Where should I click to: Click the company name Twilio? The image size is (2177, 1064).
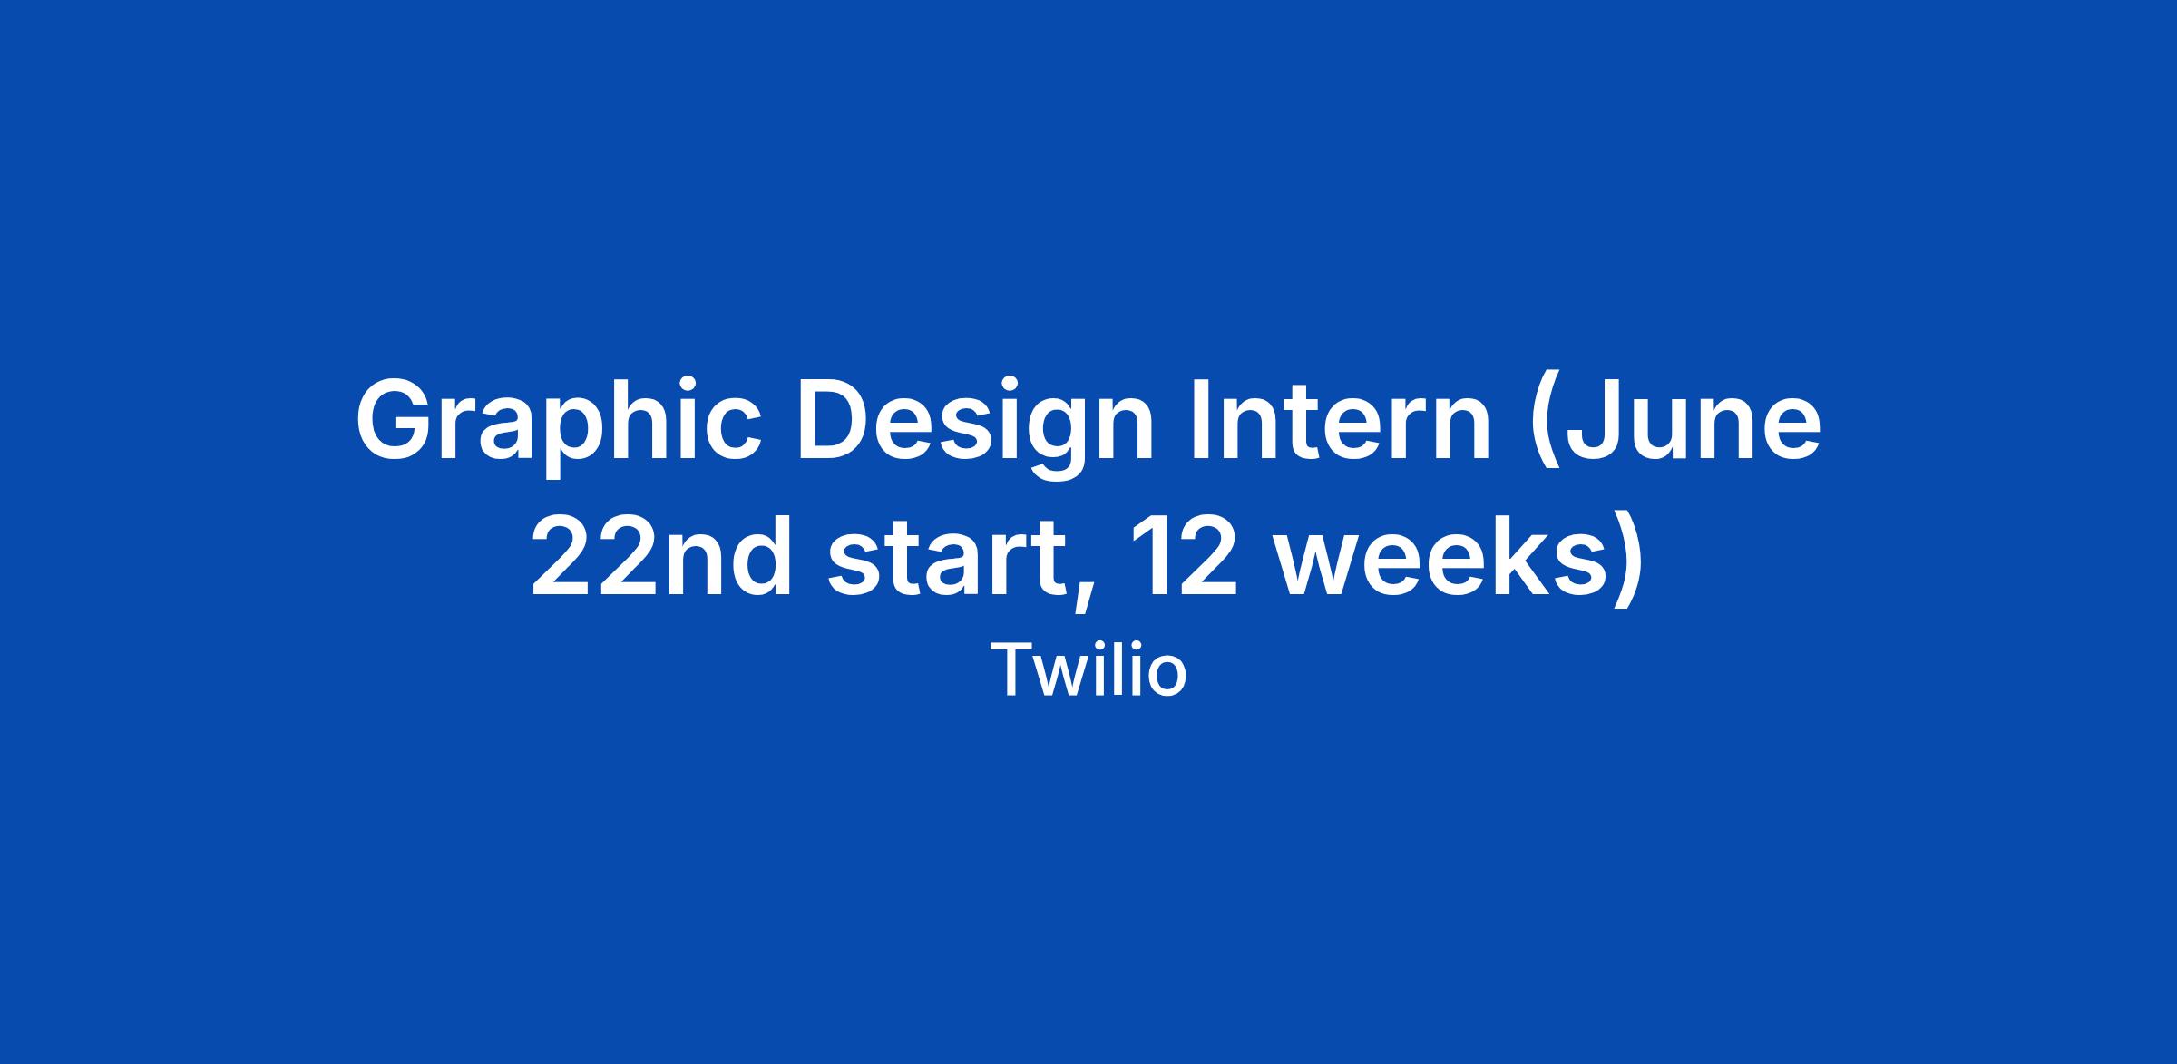coord(1088,670)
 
